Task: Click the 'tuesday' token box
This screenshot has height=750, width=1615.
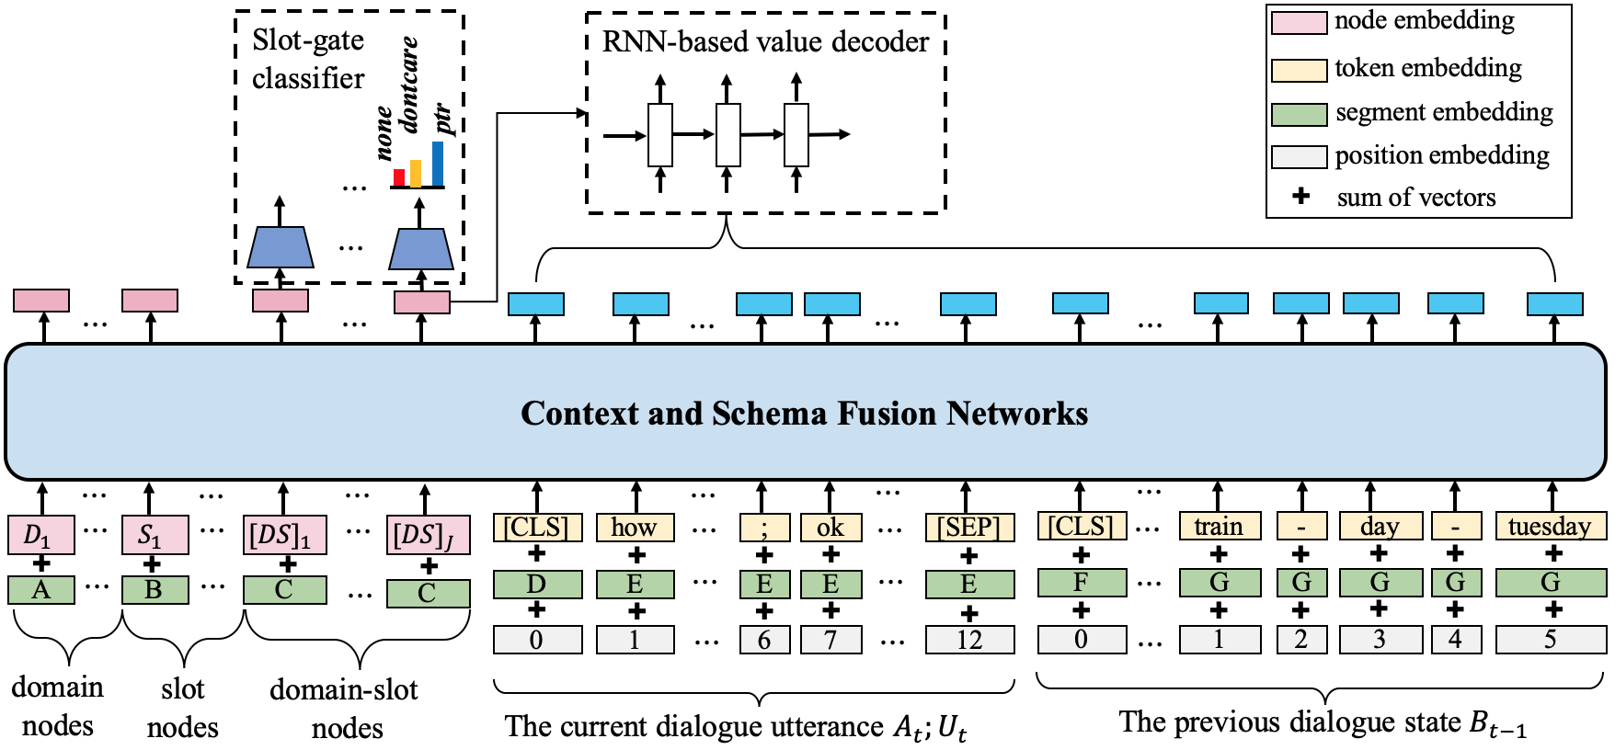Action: pyautogui.click(x=1550, y=527)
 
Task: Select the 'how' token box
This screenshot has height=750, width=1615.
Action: pyautogui.click(x=634, y=527)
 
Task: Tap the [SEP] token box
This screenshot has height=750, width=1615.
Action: pyautogui.click(x=969, y=527)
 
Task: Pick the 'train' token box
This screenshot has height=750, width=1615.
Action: pyautogui.click(x=1219, y=527)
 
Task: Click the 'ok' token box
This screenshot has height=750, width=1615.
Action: pyautogui.click(x=830, y=527)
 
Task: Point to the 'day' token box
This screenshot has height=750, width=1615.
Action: pyautogui.click(x=1379, y=527)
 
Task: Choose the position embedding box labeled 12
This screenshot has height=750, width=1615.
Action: pyautogui.click(x=969, y=640)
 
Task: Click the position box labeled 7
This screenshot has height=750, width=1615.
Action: pyautogui.click(x=830, y=640)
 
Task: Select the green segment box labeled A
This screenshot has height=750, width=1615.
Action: pyautogui.click(x=40, y=589)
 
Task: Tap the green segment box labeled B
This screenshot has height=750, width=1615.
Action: pyautogui.click(x=154, y=589)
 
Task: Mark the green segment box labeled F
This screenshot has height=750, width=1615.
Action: pyautogui.click(x=1082, y=583)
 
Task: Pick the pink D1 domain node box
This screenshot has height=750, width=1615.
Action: pyautogui.click(x=40, y=535)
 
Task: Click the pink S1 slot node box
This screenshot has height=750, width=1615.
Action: pyautogui.click(x=154, y=535)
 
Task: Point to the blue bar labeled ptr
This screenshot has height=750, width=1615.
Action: pyautogui.click(x=437, y=163)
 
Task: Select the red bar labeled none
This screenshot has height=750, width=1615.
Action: pyautogui.click(x=399, y=176)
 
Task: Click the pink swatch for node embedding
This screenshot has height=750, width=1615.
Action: pyautogui.click(x=1298, y=23)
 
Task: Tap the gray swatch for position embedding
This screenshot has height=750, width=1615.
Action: pyautogui.click(x=1298, y=157)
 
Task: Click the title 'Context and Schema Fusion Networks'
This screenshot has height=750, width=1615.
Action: pyautogui.click(x=804, y=413)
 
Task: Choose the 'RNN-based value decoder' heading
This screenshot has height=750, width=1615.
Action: pyautogui.click(x=765, y=41)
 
